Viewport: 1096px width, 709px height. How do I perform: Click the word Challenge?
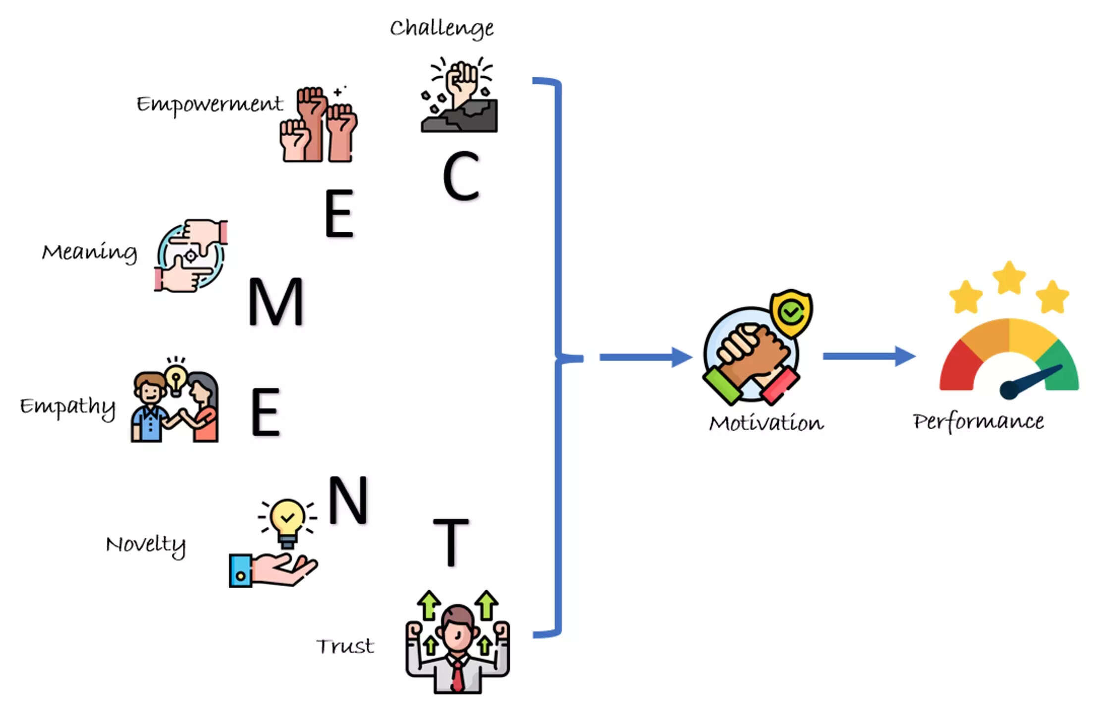click(441, 28)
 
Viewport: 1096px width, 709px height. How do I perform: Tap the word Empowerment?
click(210, 104)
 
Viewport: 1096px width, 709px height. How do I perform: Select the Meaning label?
click(90, 253)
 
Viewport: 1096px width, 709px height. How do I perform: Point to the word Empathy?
click(68, 407)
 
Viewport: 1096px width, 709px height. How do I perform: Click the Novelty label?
click(146, 545)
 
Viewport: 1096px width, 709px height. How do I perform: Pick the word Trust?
click(345, 647)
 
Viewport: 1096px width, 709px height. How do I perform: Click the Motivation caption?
click(766, 423)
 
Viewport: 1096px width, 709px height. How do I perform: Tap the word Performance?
click(978, 422)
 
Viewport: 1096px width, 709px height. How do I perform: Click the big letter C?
click(461, 176)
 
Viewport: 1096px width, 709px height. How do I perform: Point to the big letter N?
click(348, 500)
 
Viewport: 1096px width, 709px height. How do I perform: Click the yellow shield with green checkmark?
click(791, 312)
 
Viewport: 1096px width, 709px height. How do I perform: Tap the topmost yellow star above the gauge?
click(1009, 278)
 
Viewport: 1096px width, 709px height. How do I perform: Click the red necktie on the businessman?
click(457, 676)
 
